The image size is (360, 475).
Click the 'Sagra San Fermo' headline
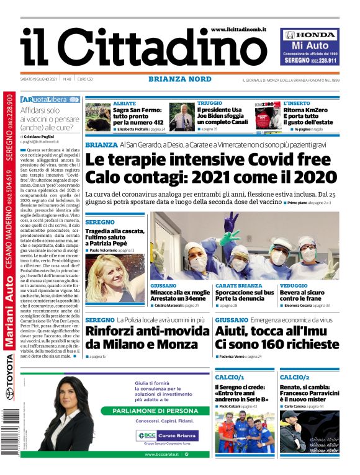[x=138, y=116]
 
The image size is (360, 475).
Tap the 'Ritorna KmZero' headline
[x=308, y=116]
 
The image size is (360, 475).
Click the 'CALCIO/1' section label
[x=230, y=376]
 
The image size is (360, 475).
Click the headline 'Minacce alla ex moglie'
[x=178, y=293]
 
